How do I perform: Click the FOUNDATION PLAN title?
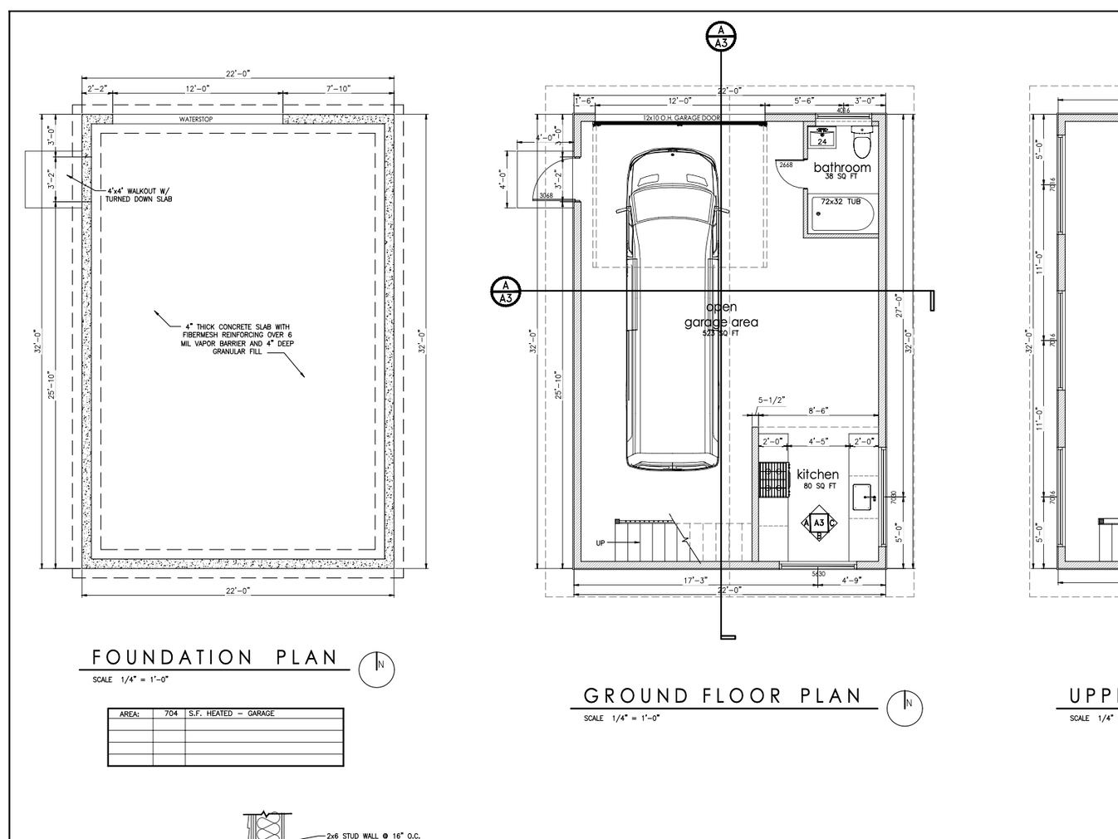click(x=214, y=658)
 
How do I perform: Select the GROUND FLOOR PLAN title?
click(x=723, y=696)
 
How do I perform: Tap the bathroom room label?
click(x=841, y=167)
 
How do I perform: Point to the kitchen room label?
click(x=817, y=474)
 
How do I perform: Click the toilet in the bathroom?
click(x=862, y=144)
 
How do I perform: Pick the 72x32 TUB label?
click(x=841, y=202)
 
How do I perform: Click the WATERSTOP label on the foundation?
click(x=196, y=120)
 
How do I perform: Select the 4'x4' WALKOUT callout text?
click(x=139, y=195)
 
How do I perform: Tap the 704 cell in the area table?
click(x=170, y=714)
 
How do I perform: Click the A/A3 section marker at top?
click(x=721, y=37)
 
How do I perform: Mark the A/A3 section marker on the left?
click(x=505, y=292)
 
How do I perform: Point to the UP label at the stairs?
click(x=601, y=543)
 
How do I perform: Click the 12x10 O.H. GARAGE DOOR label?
click(x=681, y=119)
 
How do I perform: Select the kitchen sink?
click(x=862, y=497)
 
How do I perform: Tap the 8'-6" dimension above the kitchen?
click(x=817, y=411)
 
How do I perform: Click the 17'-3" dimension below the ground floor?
click(x=695, y=581)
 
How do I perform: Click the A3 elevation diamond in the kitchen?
click(x=819, y=523)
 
